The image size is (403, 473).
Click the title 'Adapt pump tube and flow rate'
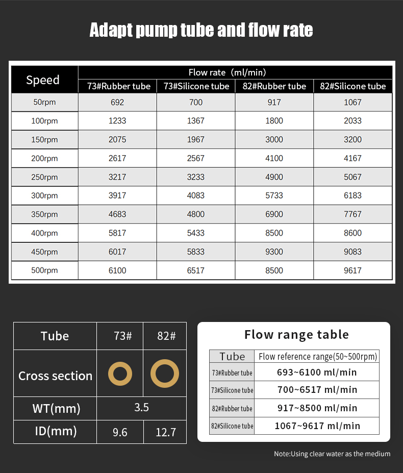click(x=201, y=30)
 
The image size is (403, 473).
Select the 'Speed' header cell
click(x=43, y=80)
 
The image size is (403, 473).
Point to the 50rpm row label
click(x=44, y=102)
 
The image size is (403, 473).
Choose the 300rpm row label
click(x=44, y=196)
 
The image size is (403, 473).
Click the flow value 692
click(x=117, y=102)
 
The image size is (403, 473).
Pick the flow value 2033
click(x=352, y=121)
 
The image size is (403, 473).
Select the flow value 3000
click(x=274, y=140)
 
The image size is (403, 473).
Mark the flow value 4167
click(x=352, y=158)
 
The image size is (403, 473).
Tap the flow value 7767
click(x=352, y=214)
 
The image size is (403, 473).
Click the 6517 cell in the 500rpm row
click(x=196, y=270)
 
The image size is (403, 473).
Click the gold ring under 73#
click(x=120, y=375)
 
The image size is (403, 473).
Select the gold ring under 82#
click(x=164, y=374)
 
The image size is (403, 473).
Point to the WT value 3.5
click(x=141, y=407)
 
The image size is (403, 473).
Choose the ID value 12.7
click(x=166, y=432)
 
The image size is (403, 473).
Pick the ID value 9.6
click(x=120, y=432)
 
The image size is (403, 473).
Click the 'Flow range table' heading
click(x=296, y=335)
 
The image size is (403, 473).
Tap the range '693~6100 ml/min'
click(x=317, y=372)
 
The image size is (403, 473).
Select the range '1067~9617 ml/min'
click(x=317, y=426)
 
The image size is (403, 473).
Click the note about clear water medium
click(x=332, y=454)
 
